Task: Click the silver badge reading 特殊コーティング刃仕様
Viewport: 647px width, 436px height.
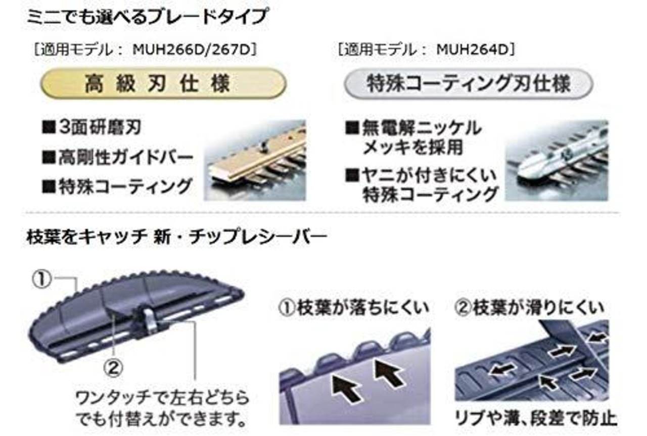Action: coord(468,84)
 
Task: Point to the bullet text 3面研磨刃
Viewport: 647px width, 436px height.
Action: coord(96,127)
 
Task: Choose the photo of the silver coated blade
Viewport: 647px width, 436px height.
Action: coord(557,160)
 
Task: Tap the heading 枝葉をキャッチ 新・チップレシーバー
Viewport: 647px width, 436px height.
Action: coord(176,236)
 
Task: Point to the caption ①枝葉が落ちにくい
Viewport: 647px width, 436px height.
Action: coord(354,307)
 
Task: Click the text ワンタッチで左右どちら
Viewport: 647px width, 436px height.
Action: coord(162,398)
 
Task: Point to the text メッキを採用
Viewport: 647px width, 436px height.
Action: coord(412,147)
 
